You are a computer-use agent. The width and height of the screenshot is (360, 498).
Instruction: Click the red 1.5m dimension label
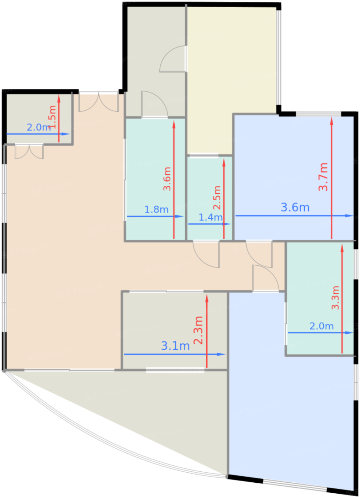tap(52, 117)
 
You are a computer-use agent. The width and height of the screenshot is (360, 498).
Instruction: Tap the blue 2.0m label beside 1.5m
tap(38, 127)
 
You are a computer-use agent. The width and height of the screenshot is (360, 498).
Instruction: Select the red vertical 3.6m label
tap(167, 179)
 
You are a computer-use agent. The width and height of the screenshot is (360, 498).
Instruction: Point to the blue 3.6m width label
tap(295, 207)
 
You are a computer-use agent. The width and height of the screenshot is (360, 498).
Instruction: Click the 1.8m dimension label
tap(156, 210)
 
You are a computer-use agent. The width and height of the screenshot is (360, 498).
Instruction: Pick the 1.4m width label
tap(210, 217)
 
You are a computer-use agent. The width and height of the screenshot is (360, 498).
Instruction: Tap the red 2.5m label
tap(217, 197)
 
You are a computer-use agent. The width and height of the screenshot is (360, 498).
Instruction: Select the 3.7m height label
tap(323, 177)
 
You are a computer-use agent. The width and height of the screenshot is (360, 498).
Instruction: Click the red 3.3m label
tap(335, 297)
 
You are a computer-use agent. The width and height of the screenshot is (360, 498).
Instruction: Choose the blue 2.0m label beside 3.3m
tap(321, 326)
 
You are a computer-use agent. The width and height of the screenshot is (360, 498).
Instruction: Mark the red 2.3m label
tap(198, 330)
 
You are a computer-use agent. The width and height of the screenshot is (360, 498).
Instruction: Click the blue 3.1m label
tap(175, 346)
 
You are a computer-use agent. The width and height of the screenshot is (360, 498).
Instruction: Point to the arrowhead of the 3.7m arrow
tap(332, 120)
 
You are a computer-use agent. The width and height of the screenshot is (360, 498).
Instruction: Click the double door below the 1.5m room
tap(29, 151)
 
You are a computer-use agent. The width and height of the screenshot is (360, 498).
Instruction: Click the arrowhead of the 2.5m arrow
tap(224, 162)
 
